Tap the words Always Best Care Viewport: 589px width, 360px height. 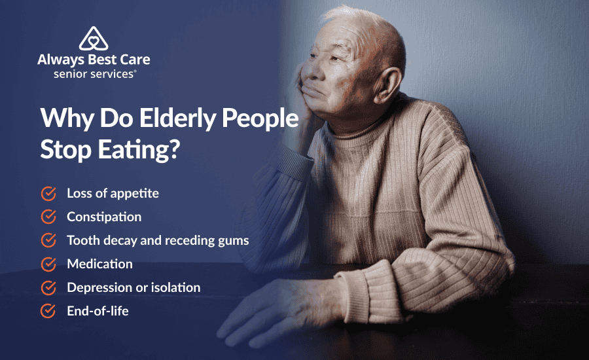(x=94, y=60)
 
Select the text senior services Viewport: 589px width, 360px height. (x=94, y=74)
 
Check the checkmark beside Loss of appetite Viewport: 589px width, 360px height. (x=48, y=194)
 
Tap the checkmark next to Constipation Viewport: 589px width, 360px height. (x=48, y=217)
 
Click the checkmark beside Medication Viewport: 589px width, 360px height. (x=48, y=264)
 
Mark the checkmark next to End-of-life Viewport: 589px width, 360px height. (x=48, y=312)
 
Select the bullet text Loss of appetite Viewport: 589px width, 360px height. (x=113, y=194)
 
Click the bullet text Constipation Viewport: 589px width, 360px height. (x=104, y=217)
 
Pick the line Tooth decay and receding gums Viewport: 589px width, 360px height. (x=158, y=240)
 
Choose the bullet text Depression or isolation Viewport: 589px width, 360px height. (x=134, y=287)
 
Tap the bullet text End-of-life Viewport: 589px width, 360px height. (x=98, y=312)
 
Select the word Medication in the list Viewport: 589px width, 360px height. (x=99, y=264)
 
